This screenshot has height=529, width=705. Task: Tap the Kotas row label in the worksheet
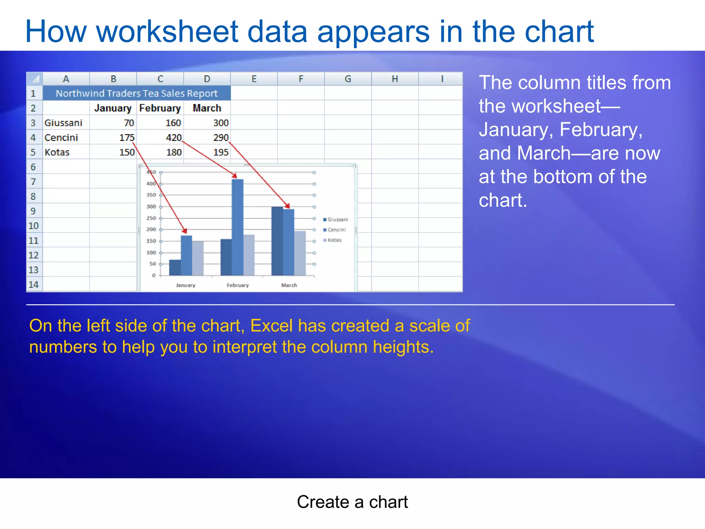(x=57, y=152)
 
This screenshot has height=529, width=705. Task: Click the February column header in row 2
(x=160, y=108)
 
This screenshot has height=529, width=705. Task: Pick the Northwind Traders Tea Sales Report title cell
(x=137, y=93)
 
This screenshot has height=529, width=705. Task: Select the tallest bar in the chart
(x=238, y=227)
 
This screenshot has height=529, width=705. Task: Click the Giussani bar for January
(x=175, y=267)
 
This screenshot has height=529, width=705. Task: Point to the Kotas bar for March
(x=300, y=253)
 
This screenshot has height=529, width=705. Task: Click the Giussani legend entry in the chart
(x=336, y=219)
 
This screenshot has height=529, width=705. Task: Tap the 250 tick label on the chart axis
(x=151, y=218)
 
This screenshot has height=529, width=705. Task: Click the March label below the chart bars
(x=289, y=285)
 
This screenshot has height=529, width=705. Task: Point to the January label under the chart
(x=186, y=285)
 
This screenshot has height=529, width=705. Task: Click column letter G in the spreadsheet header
(x=348, y=79)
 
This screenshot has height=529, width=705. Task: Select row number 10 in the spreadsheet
(x=33, y=226)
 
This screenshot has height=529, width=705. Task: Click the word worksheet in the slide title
(x=167, y=32)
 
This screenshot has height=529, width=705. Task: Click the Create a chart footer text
(x=352, y=502)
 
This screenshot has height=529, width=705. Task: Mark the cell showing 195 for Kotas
(x=221, y=152)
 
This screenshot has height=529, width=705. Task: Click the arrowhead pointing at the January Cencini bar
(x=185, y=231)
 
